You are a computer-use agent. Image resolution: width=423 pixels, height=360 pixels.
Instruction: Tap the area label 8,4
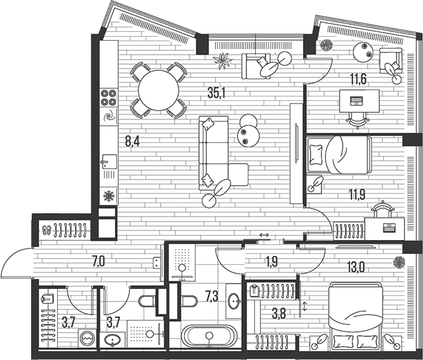click(x=132, y=142)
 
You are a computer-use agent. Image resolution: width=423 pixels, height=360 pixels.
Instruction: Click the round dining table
click(x=159, y=90)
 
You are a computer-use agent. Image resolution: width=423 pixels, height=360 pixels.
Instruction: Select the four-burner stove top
click(x=109, y=97)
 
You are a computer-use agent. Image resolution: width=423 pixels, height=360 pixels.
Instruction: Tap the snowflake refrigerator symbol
click(x=109, y=196)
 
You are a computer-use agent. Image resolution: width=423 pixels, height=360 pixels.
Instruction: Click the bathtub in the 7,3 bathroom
click(x=210, y=335)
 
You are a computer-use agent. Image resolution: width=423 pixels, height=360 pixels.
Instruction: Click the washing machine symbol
click(x=87, y=338)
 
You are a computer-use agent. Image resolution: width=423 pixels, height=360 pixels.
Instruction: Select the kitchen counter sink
click(x=109, y=164)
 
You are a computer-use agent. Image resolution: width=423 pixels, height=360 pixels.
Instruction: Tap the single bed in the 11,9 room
click(x=339, y=155)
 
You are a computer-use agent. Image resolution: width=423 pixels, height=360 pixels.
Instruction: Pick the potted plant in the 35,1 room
click(x=223, y=61)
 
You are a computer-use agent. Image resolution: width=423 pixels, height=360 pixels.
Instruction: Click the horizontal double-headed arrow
click(x=264, y=236)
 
